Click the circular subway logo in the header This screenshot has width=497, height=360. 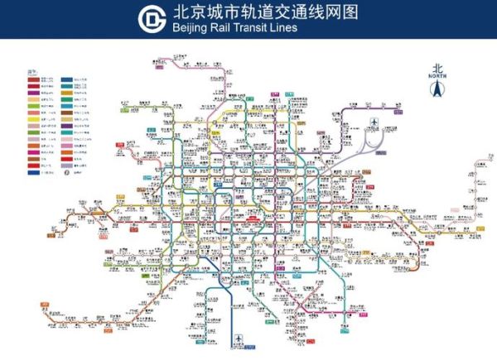152,18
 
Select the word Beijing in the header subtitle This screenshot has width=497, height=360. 191,27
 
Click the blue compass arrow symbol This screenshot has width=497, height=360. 437,89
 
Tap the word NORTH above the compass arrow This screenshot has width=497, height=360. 437,75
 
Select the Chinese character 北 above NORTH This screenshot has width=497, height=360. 437,68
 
